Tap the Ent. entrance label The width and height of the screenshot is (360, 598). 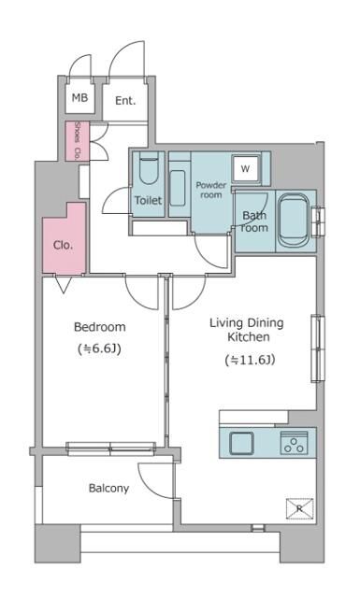pyautogui.click(x=125, y=101)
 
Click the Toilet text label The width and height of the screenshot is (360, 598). pyautogui.click(x=148, y=201)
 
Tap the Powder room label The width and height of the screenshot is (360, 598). pyautogui.click(x=211, y=191)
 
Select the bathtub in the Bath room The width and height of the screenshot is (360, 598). pyautogui.click(x=297, y=221)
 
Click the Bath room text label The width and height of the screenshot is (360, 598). pyautogui.click(x=254, y=221)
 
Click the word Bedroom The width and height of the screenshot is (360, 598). pyautogui.click(x=99, y=327)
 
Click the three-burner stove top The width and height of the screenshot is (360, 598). pyautogui.click(x=295, y=443)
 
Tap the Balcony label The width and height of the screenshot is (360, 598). pyautogui.click(x=108, y=488)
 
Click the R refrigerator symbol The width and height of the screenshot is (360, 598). pyautogui.click(x=298, y=509)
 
